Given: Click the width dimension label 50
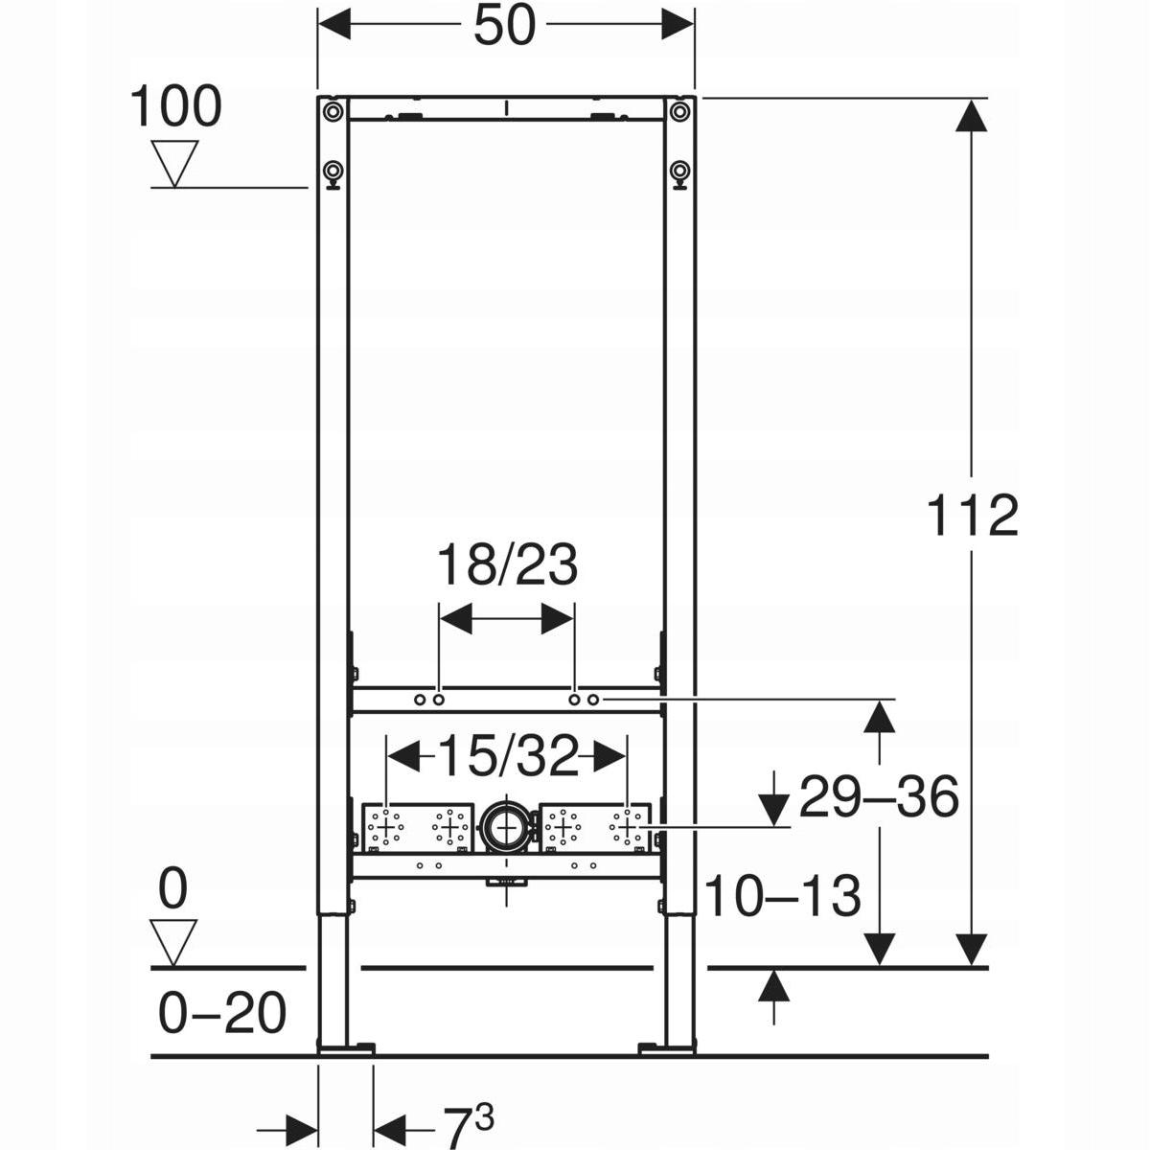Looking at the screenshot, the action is coord(505,26).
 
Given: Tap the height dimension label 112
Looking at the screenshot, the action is coord(972,516).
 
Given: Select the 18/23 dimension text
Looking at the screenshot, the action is coord(507,564).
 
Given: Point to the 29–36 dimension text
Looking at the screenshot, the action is coord(879,796).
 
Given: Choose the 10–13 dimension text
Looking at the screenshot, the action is coord(783,896).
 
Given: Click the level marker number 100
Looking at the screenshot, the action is coord(175,106).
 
